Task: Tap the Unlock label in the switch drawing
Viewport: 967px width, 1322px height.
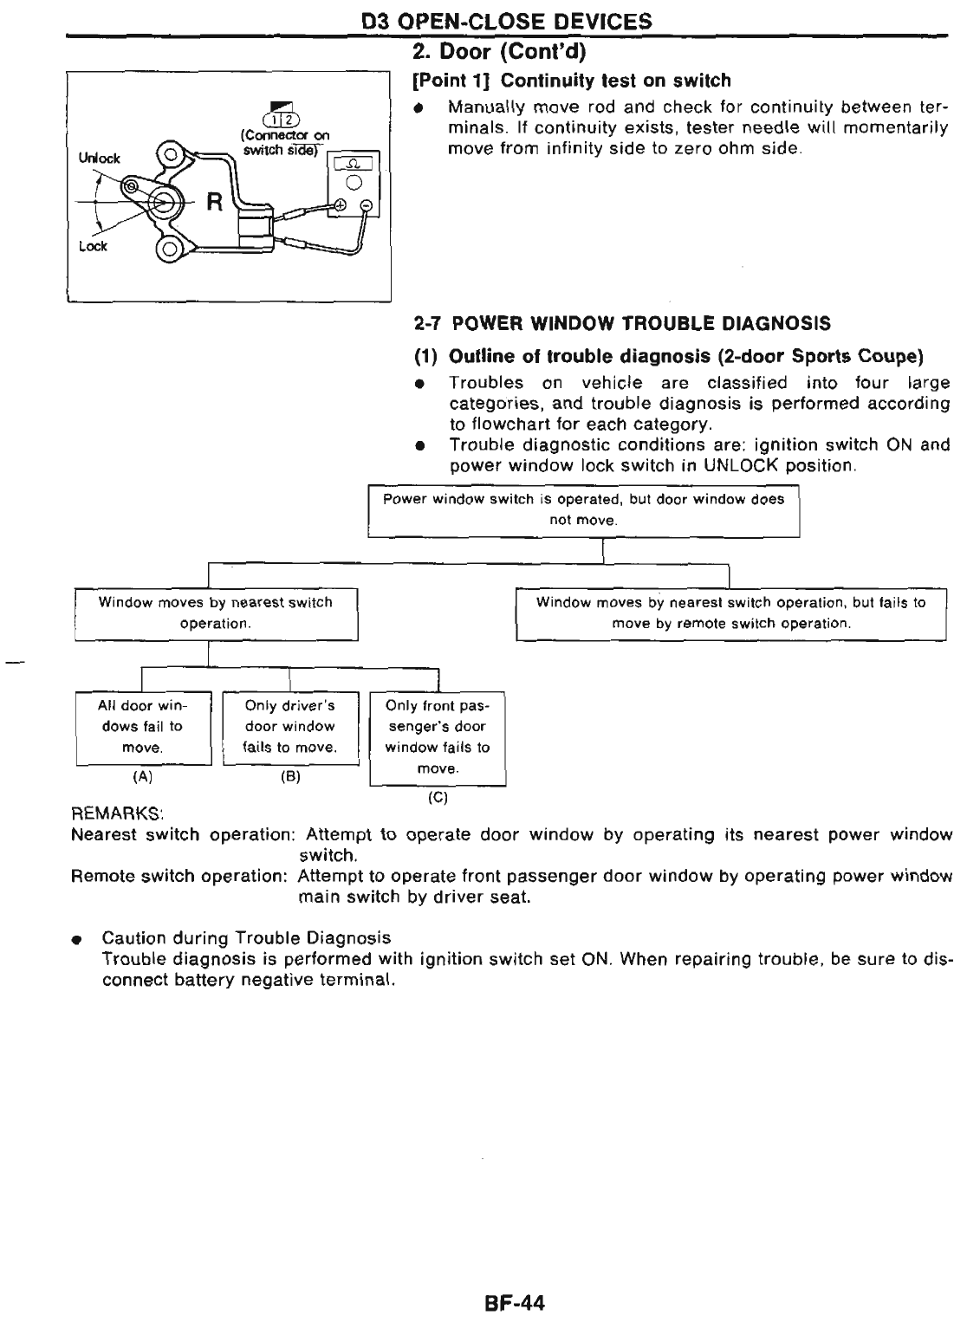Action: (101, 159)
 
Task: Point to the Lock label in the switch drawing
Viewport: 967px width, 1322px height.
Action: (93, 246)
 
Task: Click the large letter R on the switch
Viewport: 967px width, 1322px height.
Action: (215, 205)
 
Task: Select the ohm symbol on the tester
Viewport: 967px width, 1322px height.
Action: (354, 164)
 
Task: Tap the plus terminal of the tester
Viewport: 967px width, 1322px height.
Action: (341, 205)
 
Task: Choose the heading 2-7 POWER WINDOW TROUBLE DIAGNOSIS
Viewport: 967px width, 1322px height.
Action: (622, 324)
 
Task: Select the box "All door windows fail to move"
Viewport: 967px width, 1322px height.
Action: (143, 727)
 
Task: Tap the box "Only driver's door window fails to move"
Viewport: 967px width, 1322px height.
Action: (289, 727)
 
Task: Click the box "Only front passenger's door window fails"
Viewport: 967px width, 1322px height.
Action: (437, 737)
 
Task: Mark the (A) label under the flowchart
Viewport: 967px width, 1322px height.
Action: (142, 777)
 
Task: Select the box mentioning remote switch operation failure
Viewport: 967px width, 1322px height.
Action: (730, 613)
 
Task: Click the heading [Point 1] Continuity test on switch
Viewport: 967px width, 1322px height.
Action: (572, 81)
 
